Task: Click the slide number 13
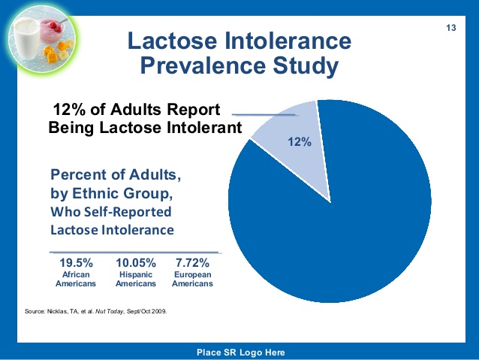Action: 451,28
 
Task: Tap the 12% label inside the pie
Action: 300,142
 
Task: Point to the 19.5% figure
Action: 76,263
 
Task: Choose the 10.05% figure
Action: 136,263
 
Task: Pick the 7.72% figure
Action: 192,263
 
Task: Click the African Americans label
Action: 76,279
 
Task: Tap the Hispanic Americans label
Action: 136,279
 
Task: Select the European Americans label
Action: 192,279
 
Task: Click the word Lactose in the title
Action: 172,41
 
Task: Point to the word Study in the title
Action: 306,66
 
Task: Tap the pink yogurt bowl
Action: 51,31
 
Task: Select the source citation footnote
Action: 95,312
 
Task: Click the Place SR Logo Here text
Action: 241,352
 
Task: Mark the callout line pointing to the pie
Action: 264,115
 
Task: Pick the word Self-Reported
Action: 128,212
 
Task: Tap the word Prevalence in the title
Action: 203,65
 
